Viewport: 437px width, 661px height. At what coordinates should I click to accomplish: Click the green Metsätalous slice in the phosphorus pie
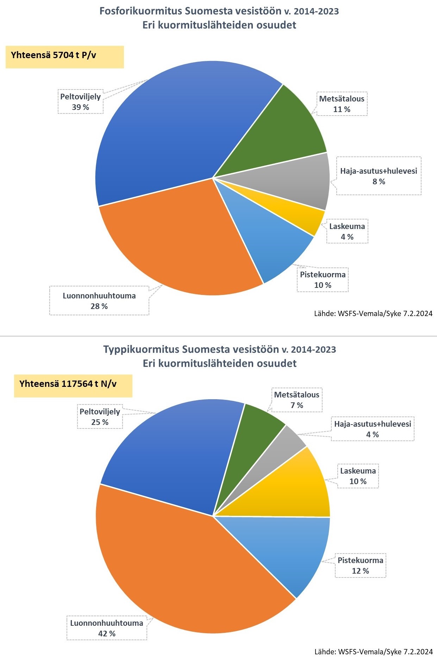coord(282,134)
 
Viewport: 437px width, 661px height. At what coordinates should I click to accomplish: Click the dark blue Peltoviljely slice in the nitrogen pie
coord(176,455)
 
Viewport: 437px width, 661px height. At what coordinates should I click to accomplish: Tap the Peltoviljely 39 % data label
coord(81,102)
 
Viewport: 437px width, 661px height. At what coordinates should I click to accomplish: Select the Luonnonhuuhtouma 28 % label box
coord(99,301)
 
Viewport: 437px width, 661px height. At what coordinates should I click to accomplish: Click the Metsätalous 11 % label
coord(342,104)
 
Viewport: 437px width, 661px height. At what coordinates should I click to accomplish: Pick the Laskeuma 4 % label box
coord(347,231)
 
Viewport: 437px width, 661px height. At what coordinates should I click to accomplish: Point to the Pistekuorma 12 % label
coord(360,566)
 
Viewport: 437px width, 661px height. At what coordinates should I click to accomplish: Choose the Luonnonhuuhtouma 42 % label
coord(107,628)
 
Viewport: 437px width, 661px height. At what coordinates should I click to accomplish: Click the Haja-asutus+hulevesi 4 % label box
coord(373,429)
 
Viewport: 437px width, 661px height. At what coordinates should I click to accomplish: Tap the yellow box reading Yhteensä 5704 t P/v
coord(64,57)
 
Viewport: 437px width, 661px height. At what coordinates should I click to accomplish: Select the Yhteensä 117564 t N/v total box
coord(73,386)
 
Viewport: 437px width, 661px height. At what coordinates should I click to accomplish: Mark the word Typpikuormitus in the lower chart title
coord(141,350)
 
